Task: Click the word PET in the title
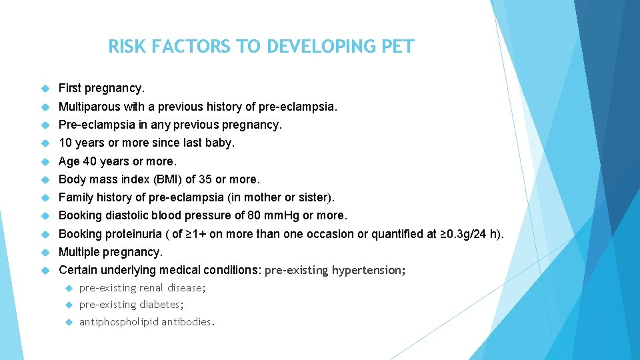click(397, 47)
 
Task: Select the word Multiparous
click(89, 107)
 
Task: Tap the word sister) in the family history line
click(318, 197)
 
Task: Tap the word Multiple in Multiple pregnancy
click(79, 252)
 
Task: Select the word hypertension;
click(369, 271)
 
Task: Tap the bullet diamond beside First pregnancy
click(45, 89)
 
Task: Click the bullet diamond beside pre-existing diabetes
click(68, 305)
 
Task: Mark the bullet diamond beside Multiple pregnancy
click(45, 253)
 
